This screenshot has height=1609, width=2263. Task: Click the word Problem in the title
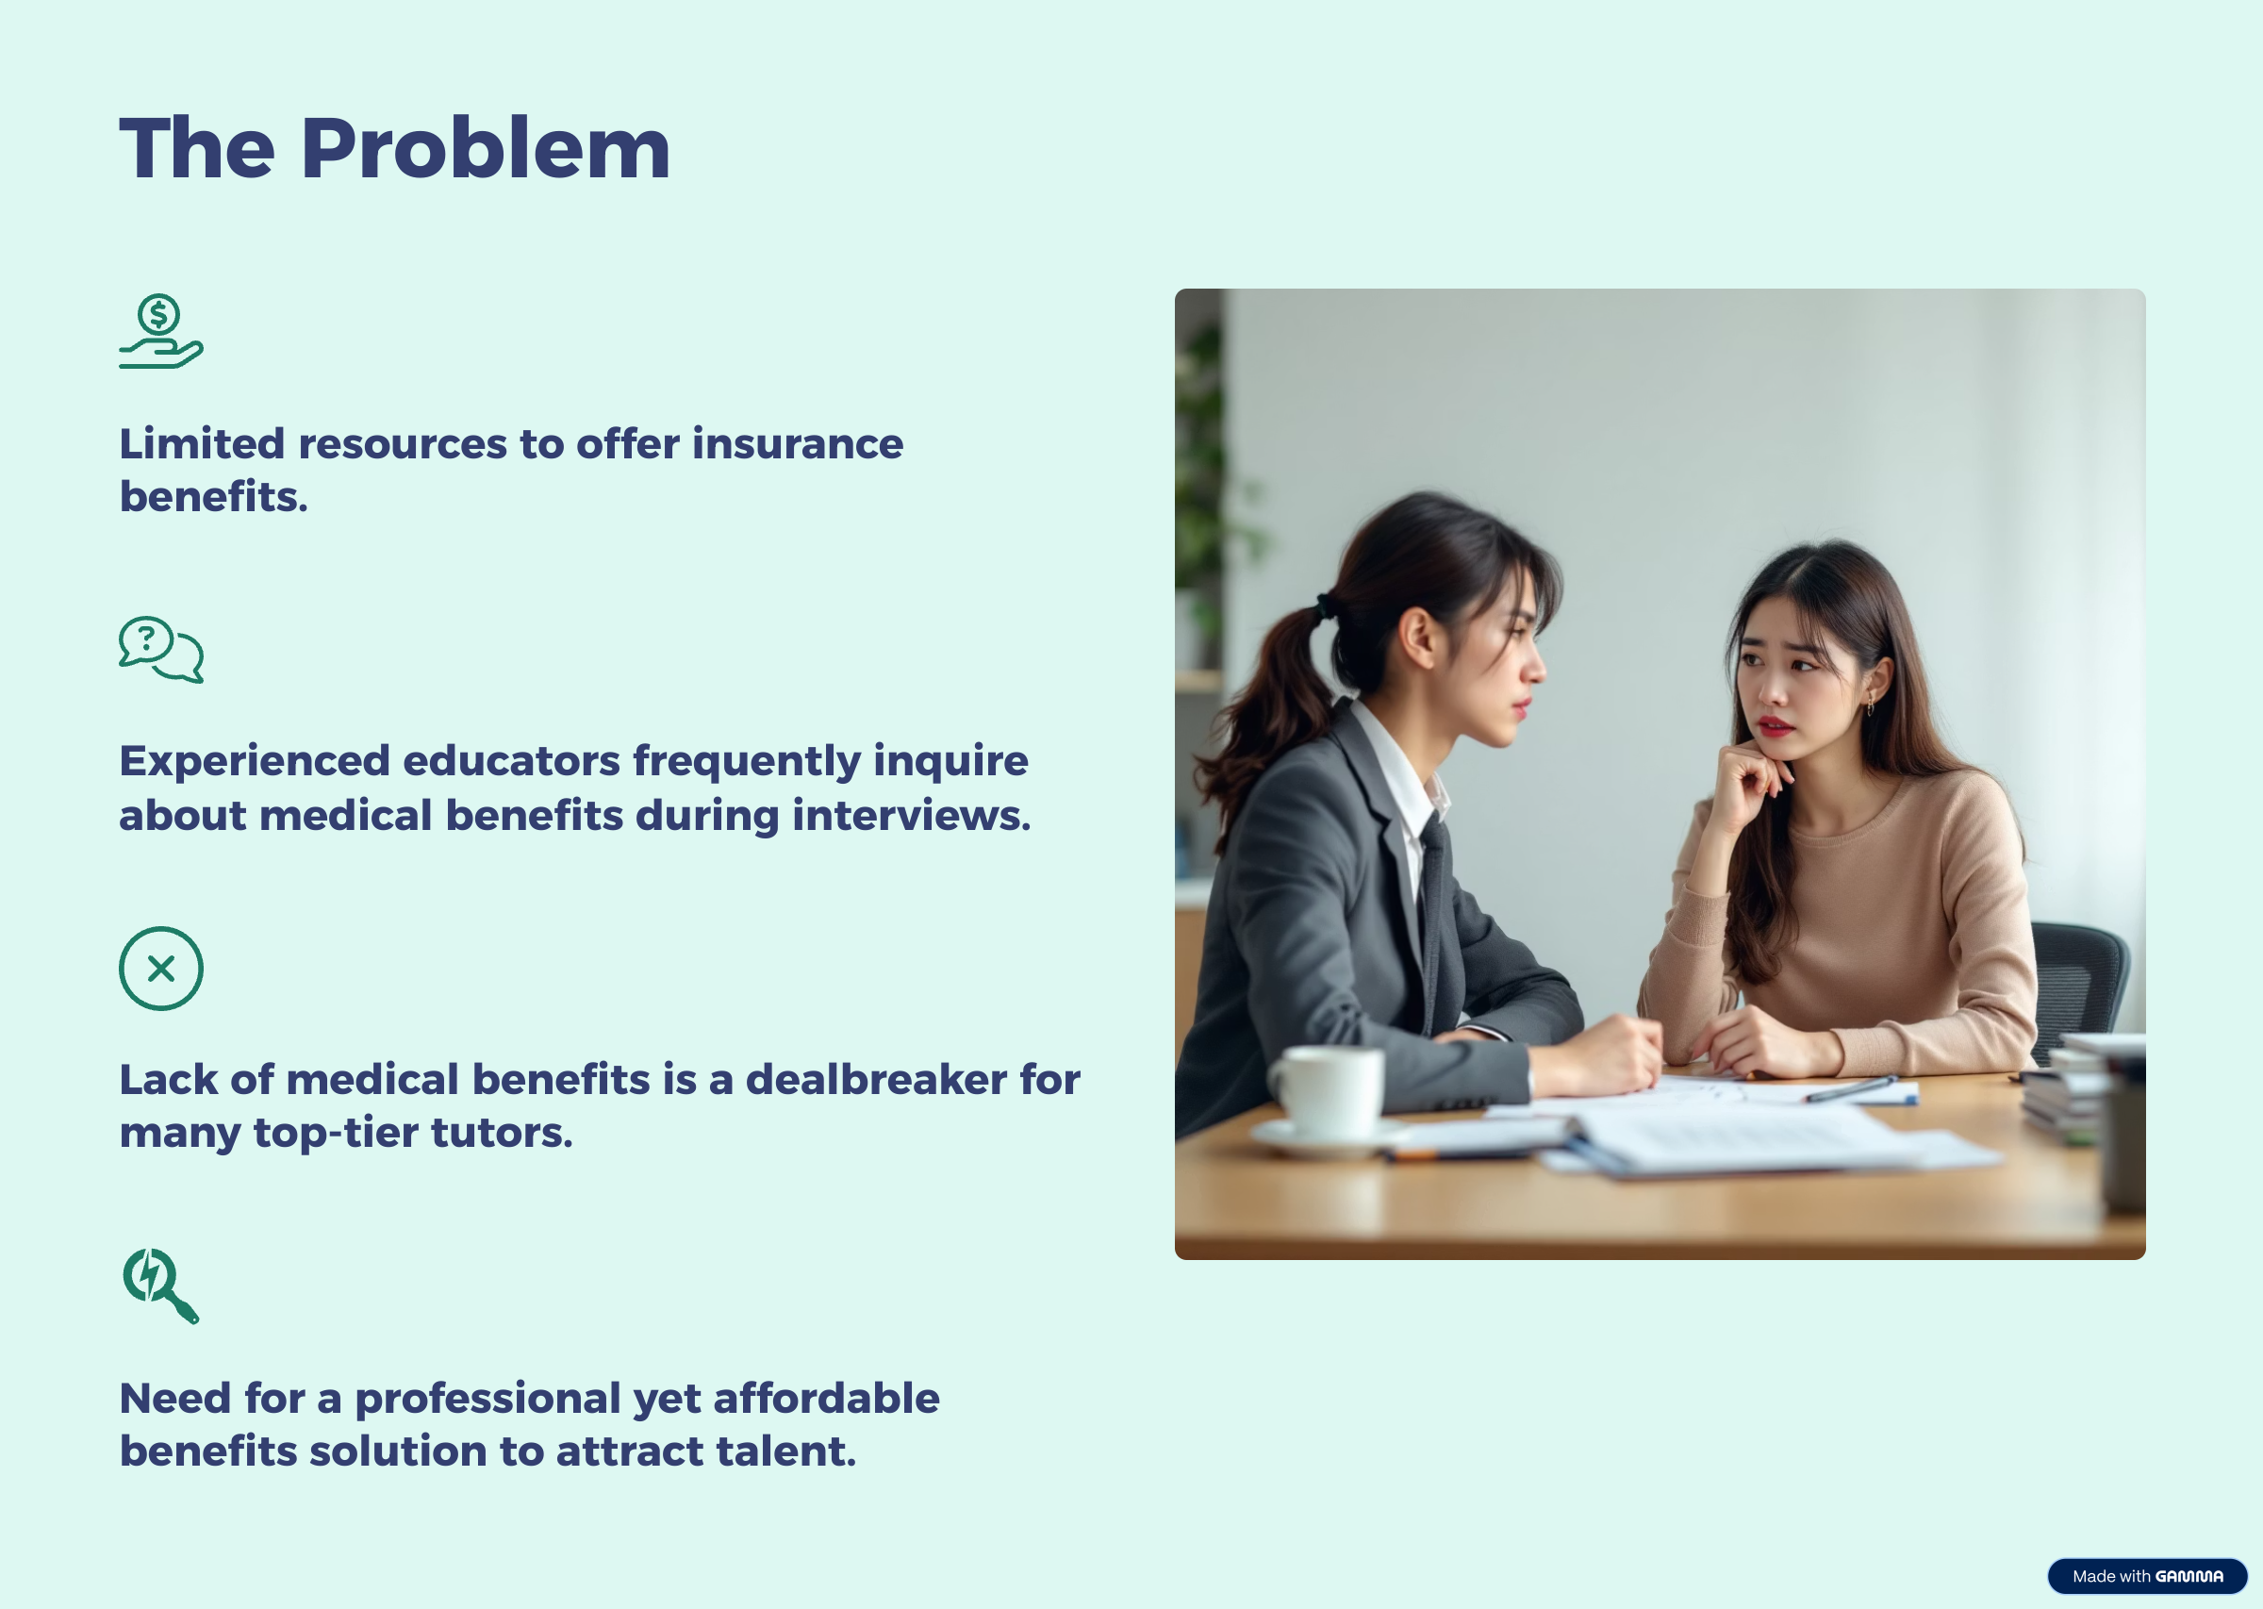pos(487,149)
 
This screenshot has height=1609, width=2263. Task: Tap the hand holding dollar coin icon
pos(160,331)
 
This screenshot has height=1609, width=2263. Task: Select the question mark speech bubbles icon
pos(161,650)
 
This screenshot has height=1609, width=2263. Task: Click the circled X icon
pos(161,968)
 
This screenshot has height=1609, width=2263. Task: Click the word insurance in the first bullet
pos(798,444)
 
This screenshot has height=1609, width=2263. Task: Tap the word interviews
pos(911,816)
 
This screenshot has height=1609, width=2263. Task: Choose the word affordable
pos(826,1398)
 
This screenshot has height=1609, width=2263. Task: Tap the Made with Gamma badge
pos(2147,1575)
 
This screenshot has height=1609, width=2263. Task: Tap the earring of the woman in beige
pos(1870,705)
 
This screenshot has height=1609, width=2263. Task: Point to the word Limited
pos(202,444)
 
